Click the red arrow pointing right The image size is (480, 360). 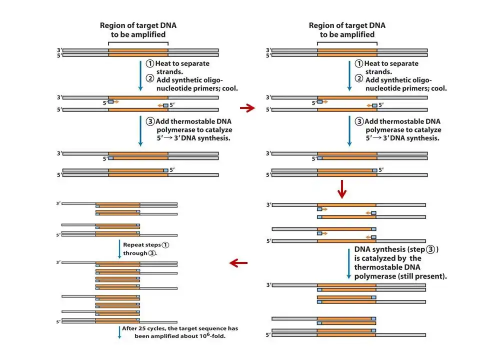247,107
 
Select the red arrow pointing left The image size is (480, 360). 238,262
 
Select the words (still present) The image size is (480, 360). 422,276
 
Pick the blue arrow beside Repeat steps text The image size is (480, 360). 119,249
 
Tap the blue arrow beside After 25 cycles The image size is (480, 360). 119,332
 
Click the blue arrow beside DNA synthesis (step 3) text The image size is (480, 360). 348,262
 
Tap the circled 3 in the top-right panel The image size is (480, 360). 358,121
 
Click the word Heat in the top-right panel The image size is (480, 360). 373,63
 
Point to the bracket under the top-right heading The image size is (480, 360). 347,43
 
